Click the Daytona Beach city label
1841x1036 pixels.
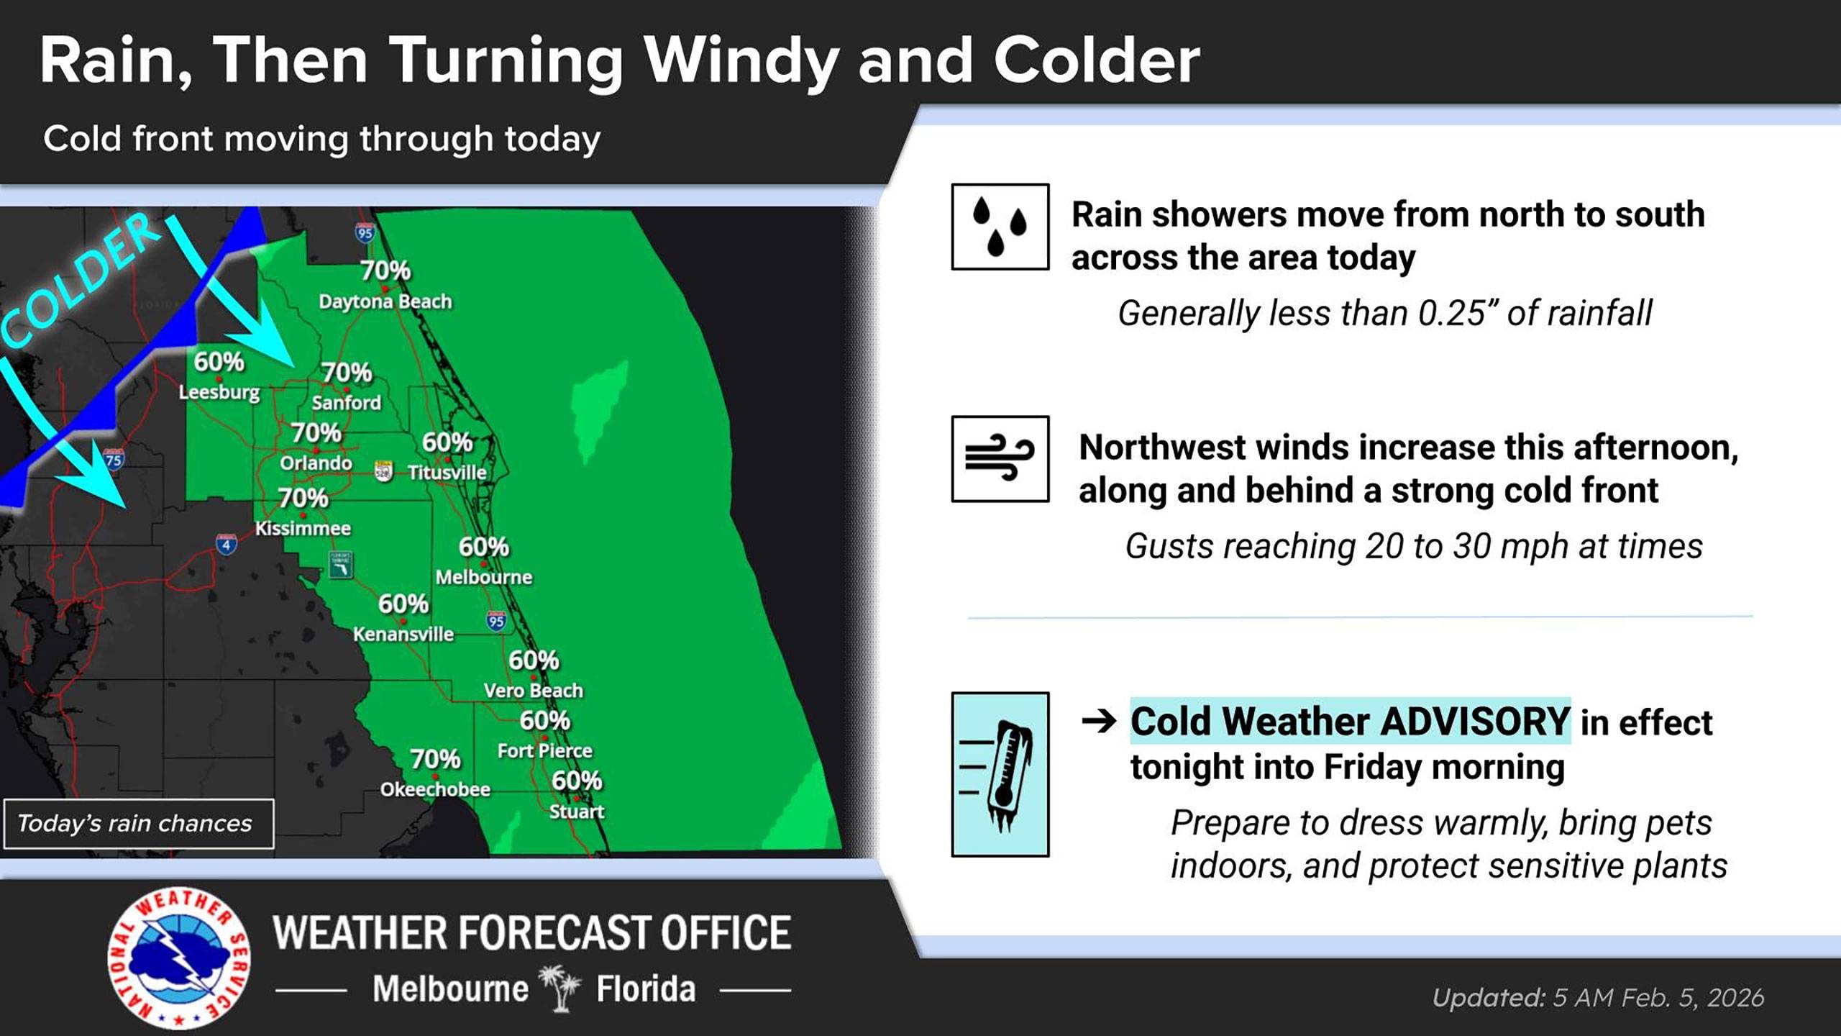385,301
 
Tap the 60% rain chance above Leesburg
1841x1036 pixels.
219,362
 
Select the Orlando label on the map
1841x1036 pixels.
316,463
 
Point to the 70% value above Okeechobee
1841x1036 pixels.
435,759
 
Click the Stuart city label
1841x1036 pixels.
576,812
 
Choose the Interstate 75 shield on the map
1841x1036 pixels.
114,459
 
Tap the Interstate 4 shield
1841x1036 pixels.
227,545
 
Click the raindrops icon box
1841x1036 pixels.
1000,227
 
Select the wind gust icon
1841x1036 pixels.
1000,458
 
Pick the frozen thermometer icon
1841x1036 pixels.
1000,774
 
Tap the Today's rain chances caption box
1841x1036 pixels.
137,823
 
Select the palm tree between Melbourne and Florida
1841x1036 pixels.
561,989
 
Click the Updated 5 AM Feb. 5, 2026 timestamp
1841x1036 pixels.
1598,998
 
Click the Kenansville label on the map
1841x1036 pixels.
403,635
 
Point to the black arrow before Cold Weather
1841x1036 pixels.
1098,721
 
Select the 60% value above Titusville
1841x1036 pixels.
447,442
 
